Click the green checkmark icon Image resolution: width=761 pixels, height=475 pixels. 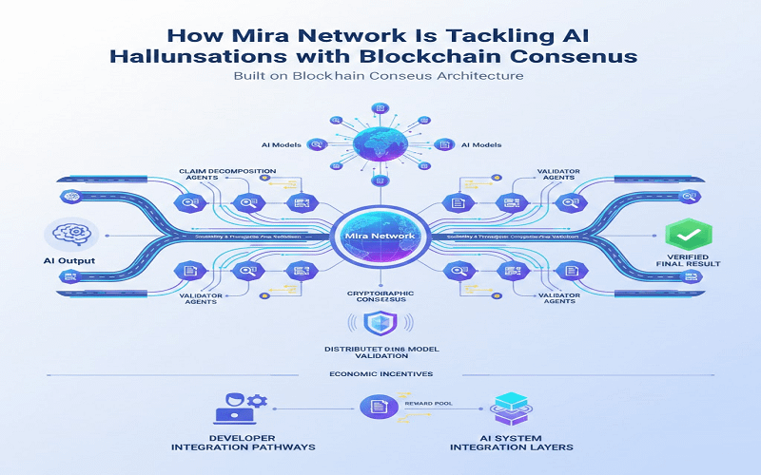[682, 234]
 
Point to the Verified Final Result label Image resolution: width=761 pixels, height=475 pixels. [682, 262]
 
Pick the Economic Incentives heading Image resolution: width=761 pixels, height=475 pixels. [380, 374]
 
